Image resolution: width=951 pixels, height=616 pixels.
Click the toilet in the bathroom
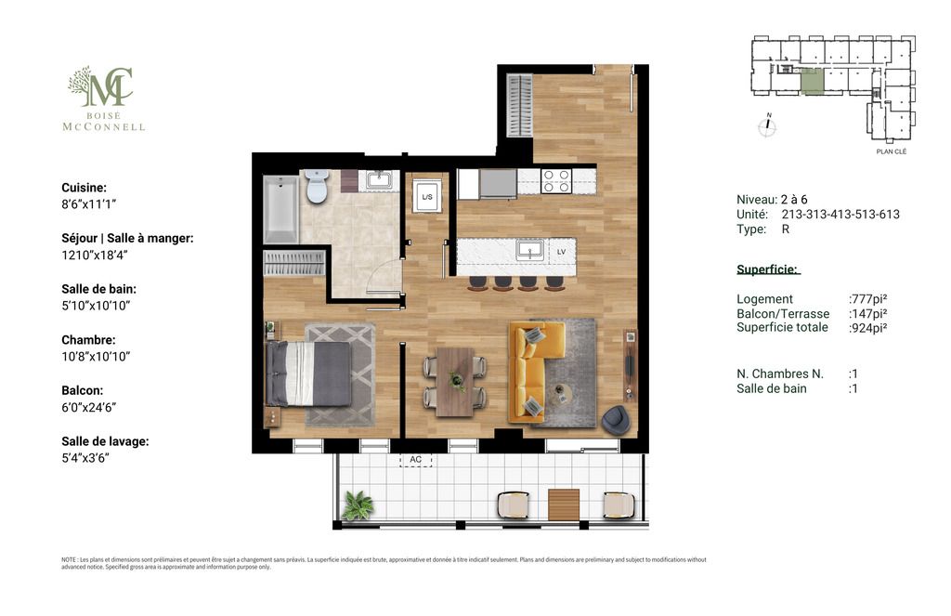click(x=317, y=185)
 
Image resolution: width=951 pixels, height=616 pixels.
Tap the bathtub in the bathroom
click(x=280, y=209)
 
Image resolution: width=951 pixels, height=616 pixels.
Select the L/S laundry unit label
click(x=427, y=197)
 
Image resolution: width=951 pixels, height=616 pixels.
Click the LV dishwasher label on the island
click(x=561, y=252)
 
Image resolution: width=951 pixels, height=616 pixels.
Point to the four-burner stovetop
click(x=556, y=181)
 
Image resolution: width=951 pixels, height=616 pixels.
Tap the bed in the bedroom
click(x=308, y=374)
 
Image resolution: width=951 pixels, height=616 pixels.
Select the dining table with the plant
click(x=455, y=382)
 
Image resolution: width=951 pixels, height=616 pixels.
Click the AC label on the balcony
click(x=415, y=459)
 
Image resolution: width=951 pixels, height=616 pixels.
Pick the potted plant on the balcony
click(x=358, y=505)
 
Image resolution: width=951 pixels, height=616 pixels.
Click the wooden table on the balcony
click(x=564, y=505)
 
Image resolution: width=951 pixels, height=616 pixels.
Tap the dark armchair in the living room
click(x=617, y=421)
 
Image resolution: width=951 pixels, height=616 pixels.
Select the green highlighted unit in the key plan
click(x=812, y=82)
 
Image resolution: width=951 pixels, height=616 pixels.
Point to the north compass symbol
click(x=768, y=125)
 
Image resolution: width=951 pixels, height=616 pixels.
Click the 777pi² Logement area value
click(x=868, y=298)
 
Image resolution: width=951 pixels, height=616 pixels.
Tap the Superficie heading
click(x=768, y=269)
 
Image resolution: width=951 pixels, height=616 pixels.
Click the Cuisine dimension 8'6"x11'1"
click(x=88, y=203)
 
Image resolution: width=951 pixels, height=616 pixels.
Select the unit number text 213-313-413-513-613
click(x=840, y=215)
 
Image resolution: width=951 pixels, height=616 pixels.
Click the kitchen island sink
click(x=529, y=249)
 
